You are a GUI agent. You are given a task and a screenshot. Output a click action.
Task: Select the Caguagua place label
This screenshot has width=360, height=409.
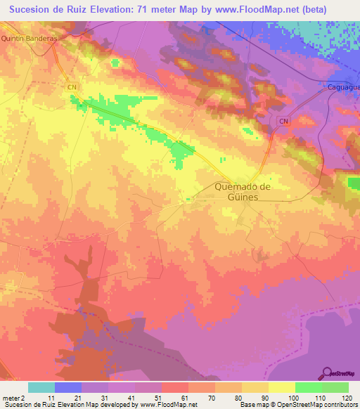coord(343,87)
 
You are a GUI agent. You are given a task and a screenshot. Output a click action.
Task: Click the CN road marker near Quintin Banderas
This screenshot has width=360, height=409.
coord(72,86)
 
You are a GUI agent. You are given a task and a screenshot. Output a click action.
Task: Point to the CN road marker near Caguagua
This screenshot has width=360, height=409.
coord(283,122)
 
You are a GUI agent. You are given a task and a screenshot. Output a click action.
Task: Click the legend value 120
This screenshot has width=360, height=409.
coord(347,398)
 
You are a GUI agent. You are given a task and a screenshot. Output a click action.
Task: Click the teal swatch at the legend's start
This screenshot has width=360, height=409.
coord(41,387)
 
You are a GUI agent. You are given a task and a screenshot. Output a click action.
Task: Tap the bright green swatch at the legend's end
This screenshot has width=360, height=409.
coord(335,387)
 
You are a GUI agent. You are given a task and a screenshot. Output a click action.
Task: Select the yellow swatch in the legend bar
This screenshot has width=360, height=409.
coord(281,387)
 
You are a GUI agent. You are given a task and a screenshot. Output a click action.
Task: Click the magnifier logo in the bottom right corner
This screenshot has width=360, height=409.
coord(327,372)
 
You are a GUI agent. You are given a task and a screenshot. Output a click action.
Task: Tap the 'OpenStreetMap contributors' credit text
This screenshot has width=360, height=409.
coord(319,405)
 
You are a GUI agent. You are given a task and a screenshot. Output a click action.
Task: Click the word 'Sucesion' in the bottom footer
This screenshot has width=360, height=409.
coord(18,405)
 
